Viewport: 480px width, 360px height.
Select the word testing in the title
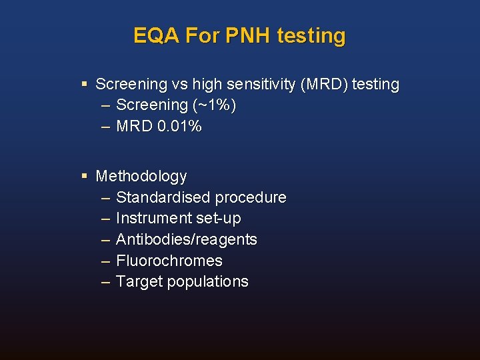pyautogui.click(x=311, y=35)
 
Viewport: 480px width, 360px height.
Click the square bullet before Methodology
pyautogui.click(x=84, y=176)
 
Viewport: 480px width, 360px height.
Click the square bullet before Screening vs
pyautogui.click(x=84, y=84)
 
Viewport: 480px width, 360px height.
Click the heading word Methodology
pyautogui.click(x=141, y=177)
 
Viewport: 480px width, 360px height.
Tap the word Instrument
pyautogui.click(x=153, y=218)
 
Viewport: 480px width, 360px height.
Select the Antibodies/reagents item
pyautogui.click(x=186, y=239)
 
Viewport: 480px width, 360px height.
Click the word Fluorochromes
pyautogui.click(x=169, y=261)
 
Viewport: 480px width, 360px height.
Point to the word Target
pyautogui.click(x=139, y=282)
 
